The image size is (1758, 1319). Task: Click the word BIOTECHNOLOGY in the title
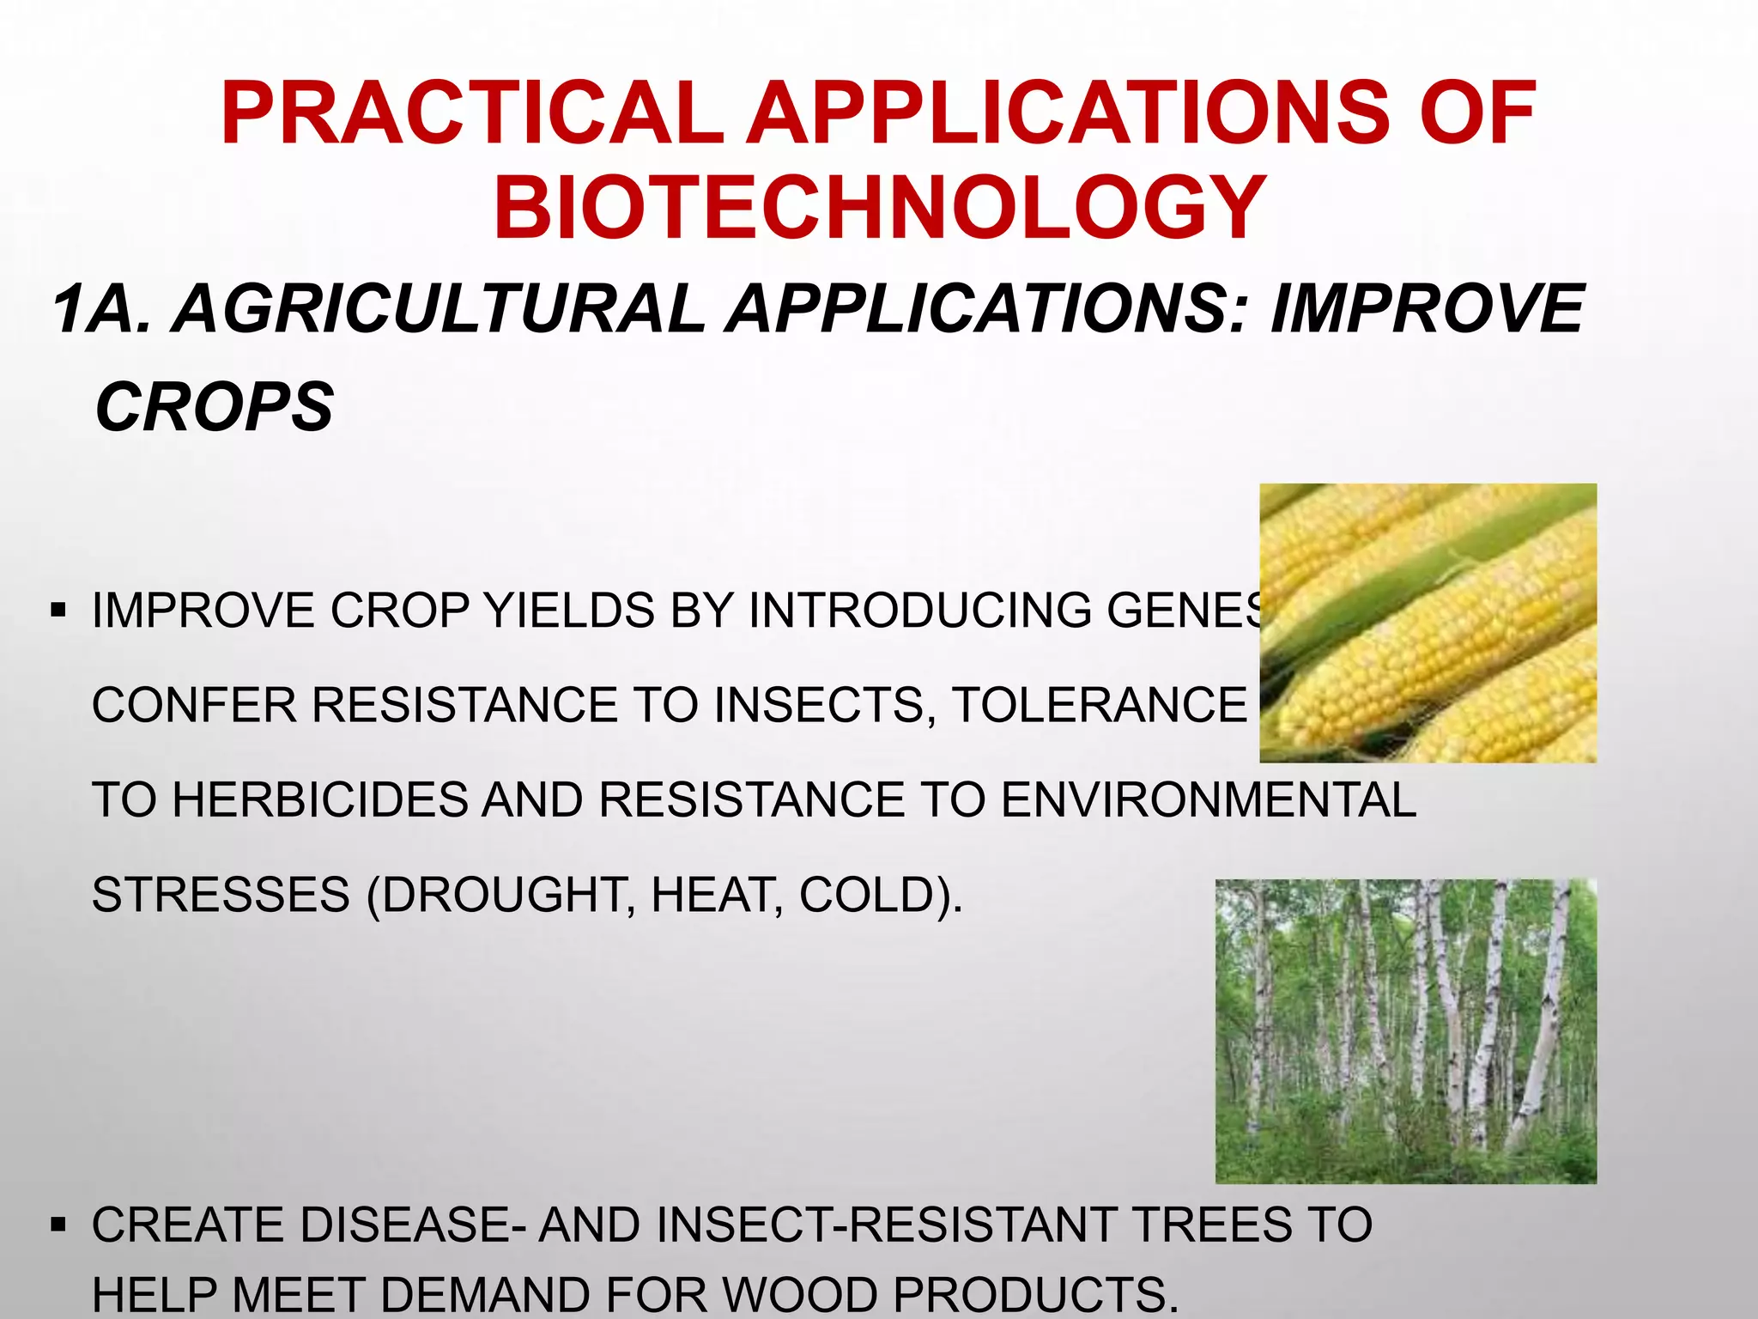pos(879,208)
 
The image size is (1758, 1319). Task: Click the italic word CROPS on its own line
pos(214,407)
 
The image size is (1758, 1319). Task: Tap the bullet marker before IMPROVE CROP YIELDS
pos(58,612)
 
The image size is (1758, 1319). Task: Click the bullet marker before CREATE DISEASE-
pos(58,1225)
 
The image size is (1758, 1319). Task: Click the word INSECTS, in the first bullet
pos(824,706)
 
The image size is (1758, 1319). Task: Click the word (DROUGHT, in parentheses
pos(500,895)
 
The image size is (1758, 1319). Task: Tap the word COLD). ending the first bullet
pos(881,895)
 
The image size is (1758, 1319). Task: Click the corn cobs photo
pos(1428,623)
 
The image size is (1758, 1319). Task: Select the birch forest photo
pos(1405,1030)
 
